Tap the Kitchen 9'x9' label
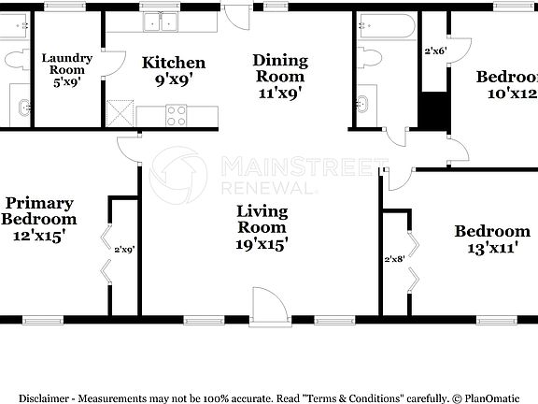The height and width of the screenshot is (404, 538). point(173,71)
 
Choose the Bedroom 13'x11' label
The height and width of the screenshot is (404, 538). point(491,239)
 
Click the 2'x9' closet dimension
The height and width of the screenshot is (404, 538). point(124,250)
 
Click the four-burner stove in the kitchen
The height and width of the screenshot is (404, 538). point(177,115)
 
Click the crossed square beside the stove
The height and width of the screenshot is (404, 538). point(120,114)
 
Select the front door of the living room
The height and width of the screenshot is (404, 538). point(264,307)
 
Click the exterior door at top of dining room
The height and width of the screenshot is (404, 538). point(235,16)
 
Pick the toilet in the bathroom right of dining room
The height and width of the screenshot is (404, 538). point(367,58)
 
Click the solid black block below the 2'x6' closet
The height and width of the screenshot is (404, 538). point(432,109)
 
